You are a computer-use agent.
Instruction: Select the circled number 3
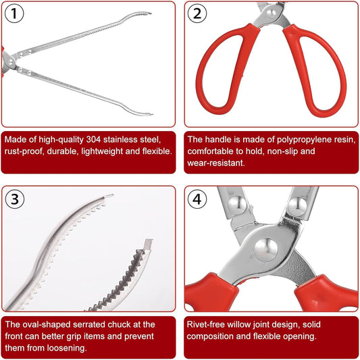(x=16, y=200)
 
